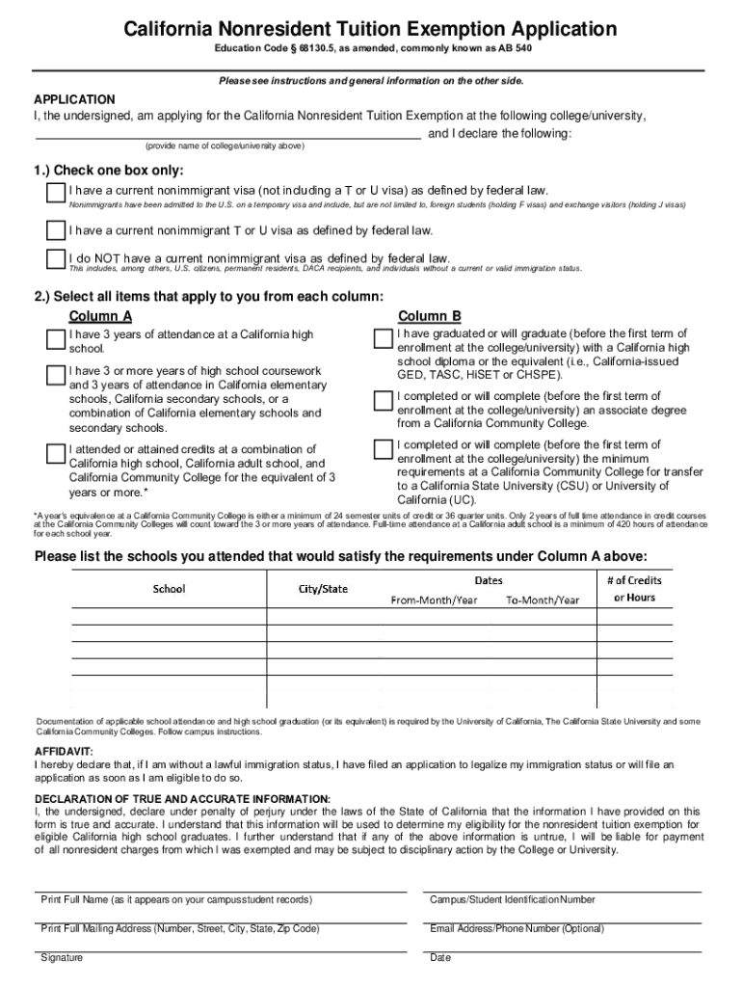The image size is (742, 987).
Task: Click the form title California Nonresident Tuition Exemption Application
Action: (x=370, y=30)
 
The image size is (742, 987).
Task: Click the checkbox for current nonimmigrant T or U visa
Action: (x=56, y=230)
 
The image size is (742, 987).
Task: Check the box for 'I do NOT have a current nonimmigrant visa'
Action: (x=56, y=258)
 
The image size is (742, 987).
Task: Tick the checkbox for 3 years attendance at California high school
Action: (x=56, y=338)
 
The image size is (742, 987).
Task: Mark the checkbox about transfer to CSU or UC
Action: (x=384, y=450)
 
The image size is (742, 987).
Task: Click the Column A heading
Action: (x=100, y=316)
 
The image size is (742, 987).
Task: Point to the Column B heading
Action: (x=430, y=316)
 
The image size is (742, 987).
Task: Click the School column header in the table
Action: (x=170, y=588)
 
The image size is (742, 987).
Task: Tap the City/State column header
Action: (x=322, y=588)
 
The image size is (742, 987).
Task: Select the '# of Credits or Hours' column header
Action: (x=634, y=589)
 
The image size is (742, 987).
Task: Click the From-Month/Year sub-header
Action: (x=434, y=600)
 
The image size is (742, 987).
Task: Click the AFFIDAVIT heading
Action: (x=64, y=751)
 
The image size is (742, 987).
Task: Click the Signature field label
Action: (x=62, y=957)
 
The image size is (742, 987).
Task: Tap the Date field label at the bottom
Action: (x=440, y=957)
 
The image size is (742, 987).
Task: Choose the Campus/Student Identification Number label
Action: (x=512, y=899)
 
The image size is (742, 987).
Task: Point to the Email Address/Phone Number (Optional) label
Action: (x=517, y=928)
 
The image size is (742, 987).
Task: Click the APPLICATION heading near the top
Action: (x=75, y=99)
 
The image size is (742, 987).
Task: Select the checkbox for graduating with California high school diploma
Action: (x=384, y=339)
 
